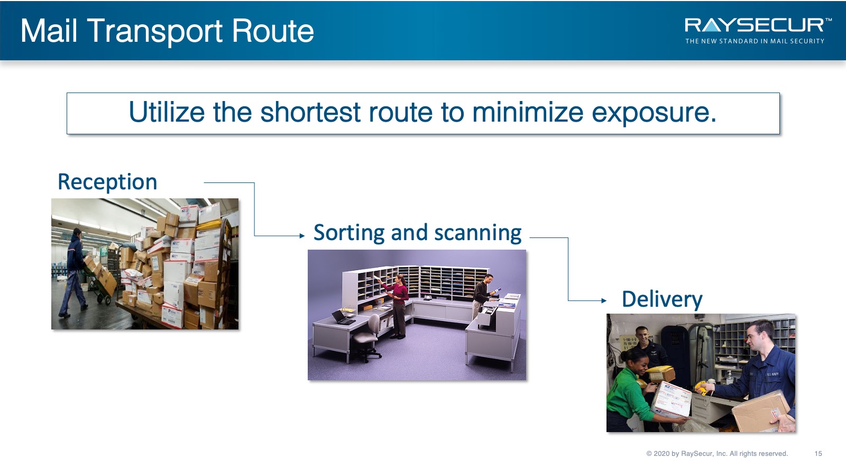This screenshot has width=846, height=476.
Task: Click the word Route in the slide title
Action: click(273, 31)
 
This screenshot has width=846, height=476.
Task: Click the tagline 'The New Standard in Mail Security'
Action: click(755, 41)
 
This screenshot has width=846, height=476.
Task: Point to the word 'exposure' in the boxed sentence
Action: click(654, 113)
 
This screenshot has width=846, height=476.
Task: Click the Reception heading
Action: click(107, 182)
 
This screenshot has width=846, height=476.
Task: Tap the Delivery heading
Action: click(662, 299)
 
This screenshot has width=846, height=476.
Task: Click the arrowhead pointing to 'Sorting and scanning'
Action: click(302, 236)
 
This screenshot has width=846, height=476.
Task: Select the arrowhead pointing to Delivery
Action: click(604, 301)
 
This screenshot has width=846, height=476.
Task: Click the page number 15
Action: click(818, 453)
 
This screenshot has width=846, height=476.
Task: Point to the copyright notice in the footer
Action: click(717, 453)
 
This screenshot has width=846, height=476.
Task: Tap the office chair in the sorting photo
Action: click(365, 338)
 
